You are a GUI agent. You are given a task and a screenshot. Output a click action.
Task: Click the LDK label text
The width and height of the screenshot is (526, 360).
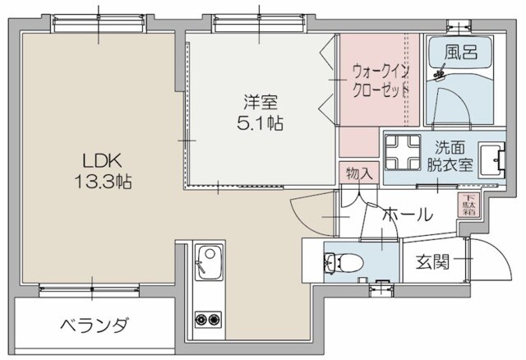pyautogui.click(x=95, y=159)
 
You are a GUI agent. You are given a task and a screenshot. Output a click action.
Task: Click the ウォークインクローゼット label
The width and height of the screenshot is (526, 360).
pyautogui.click(x=380, y=81)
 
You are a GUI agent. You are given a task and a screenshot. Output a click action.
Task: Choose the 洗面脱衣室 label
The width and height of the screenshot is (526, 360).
pyautogui.click(x=454, y=155)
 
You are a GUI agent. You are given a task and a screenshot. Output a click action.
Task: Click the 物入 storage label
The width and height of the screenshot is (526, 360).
pyautogui.click(x=359, y=173)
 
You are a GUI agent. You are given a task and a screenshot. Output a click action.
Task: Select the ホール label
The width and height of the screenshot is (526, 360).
pyautogui.click(x=408, y=215)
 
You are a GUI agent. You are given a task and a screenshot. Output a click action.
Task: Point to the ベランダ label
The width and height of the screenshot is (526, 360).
pyautogui.click(x=94, y=325)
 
